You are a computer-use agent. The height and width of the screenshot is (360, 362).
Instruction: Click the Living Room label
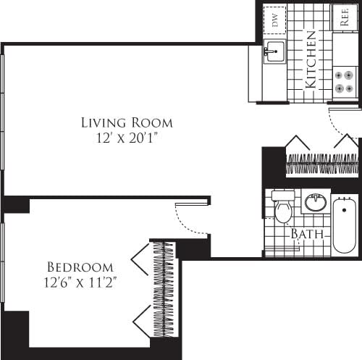[127, 122]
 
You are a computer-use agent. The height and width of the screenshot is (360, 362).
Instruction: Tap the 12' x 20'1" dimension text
[127, 138]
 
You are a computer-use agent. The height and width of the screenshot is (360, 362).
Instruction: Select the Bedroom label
[80, 267]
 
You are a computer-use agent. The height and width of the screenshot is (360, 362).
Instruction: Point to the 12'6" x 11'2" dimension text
[80, 282]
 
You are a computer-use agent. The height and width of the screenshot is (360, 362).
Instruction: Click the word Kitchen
[310, 59]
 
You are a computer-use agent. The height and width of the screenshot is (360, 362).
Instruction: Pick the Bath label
[306, 235]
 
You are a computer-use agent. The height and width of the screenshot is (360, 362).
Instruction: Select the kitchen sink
[274, 51]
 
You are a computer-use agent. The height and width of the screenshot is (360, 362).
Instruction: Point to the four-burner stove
[345, 81]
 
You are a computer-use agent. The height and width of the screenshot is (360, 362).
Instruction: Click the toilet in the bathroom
[283, 209]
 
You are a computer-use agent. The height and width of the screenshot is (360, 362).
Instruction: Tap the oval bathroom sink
[315, 202]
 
